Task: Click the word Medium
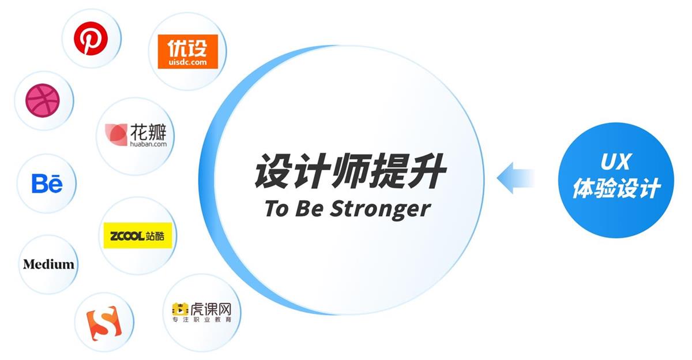(49, 264)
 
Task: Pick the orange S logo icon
(104, 322)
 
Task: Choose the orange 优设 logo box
(187, 51)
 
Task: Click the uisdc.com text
(187, 62)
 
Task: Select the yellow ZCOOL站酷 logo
(137, 235)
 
